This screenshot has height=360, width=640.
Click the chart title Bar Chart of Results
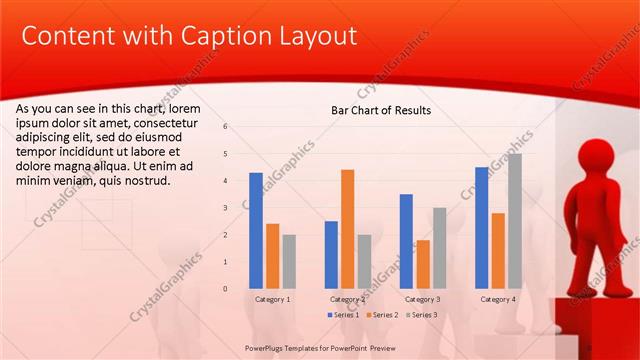pos(381,110)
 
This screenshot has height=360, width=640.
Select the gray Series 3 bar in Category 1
pos(289,261)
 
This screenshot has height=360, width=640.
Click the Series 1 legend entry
pos(346,315)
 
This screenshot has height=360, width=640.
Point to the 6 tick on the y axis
pos(226,127)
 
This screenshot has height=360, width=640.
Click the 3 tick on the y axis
pos(226,208)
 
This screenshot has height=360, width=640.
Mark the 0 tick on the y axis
pos(226,289)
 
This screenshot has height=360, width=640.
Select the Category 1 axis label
pos(273,299)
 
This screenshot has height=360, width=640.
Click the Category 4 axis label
pos(498,299)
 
